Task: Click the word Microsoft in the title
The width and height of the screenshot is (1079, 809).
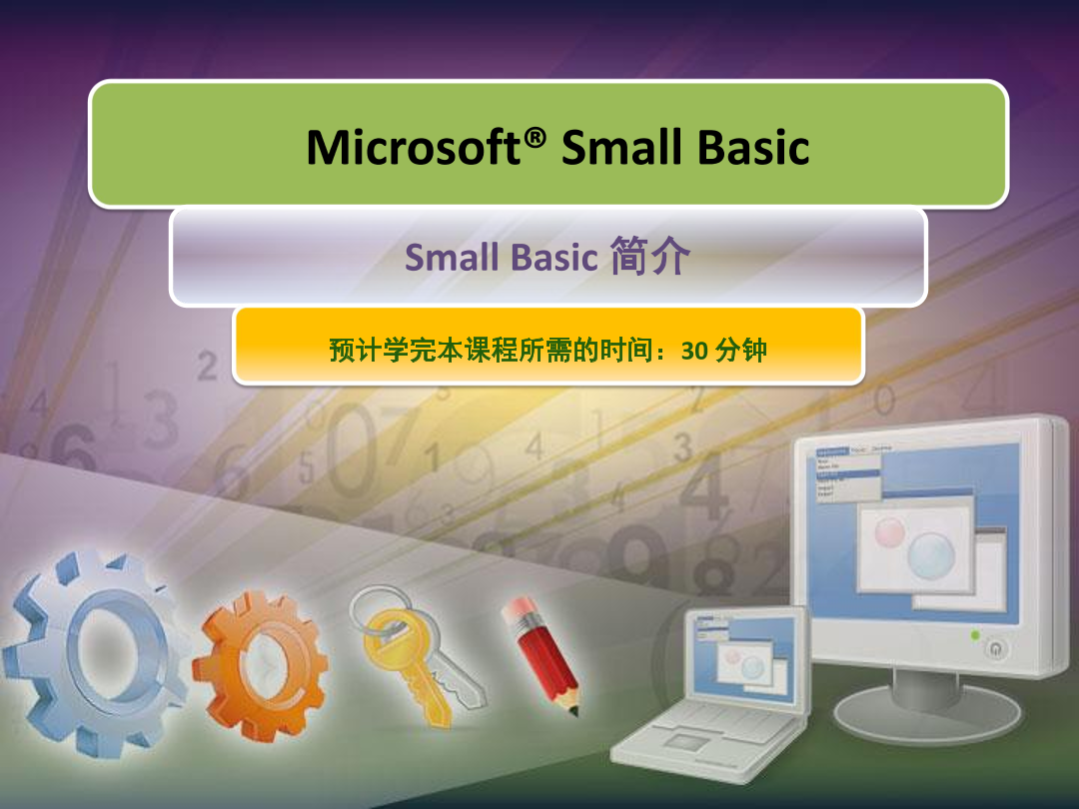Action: tap(415, 148)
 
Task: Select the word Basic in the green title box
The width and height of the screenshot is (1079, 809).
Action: tap(752, 148)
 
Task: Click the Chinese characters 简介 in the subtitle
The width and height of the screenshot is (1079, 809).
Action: tap(648, 258)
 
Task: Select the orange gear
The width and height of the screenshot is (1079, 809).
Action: tap(262, 664)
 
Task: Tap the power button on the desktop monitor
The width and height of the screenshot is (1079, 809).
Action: tap(997, 649)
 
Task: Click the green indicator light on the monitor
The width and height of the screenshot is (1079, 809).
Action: tap(975, 635)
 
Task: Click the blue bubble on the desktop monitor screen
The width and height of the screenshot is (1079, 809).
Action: tap(931, 552)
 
